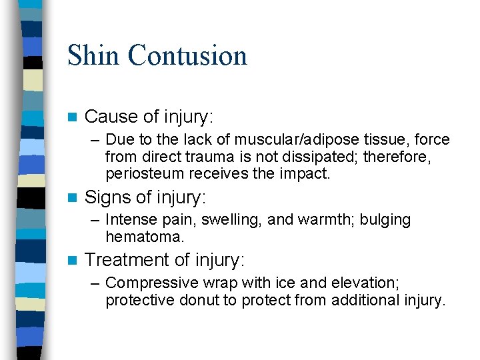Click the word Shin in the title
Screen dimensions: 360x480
click(93, 55)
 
